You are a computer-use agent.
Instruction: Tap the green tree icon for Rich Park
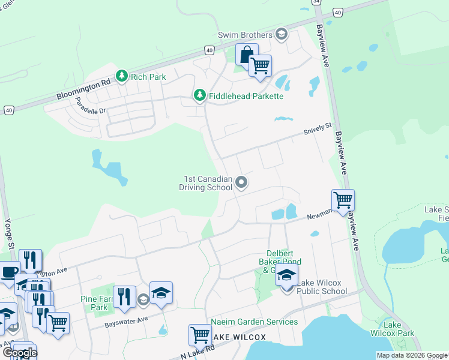tap(122, 76)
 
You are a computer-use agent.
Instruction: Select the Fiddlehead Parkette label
tap(246, 96)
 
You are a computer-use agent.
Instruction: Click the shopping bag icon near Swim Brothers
tap(246, 55)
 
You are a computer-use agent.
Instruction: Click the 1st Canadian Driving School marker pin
tap(241, 182)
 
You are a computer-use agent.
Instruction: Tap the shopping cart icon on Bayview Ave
tap(343, 200)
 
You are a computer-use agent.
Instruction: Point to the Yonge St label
tap(8, 226)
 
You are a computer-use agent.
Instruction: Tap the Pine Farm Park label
tap(93, 303)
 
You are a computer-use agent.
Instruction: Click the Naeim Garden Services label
tap(254, 322)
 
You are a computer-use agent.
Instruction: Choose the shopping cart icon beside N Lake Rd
tap(200, 335)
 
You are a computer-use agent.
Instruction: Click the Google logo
tap(19, 352)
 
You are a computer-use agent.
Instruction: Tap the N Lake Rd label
tap(197, 352)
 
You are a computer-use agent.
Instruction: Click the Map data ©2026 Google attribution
tap(411, 355)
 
